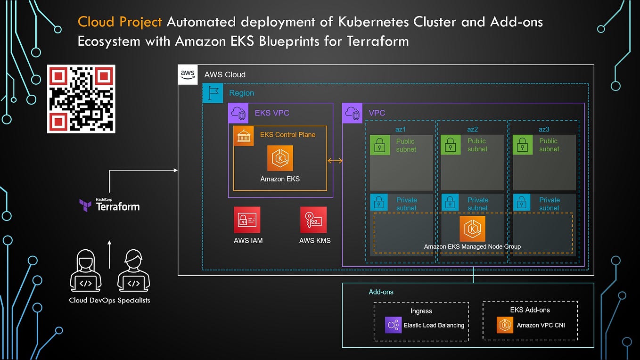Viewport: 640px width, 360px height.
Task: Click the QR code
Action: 81,99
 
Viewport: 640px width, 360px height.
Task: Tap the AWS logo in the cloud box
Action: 187,74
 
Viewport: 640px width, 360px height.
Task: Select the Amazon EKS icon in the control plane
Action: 280,158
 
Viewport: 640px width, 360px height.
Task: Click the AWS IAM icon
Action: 247,220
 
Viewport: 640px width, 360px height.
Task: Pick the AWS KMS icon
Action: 313,220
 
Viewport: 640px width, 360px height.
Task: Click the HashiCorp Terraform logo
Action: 109,205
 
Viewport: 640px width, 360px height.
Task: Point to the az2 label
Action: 472,129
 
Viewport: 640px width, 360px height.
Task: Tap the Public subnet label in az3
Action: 549,145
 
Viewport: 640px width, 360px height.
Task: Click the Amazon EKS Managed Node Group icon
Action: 472,229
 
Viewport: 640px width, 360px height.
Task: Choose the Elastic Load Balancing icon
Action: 393,325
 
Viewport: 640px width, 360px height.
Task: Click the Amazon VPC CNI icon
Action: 505,325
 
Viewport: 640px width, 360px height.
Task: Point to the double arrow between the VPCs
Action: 335,161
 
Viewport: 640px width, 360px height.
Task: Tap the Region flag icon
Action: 213,93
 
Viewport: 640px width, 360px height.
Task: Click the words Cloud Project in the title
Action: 120,22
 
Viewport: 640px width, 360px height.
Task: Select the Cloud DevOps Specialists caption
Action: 109,300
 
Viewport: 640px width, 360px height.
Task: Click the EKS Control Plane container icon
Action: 244,136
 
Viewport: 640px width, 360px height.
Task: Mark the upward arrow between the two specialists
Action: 109,254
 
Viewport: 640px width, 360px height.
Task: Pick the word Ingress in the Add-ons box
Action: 421,311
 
